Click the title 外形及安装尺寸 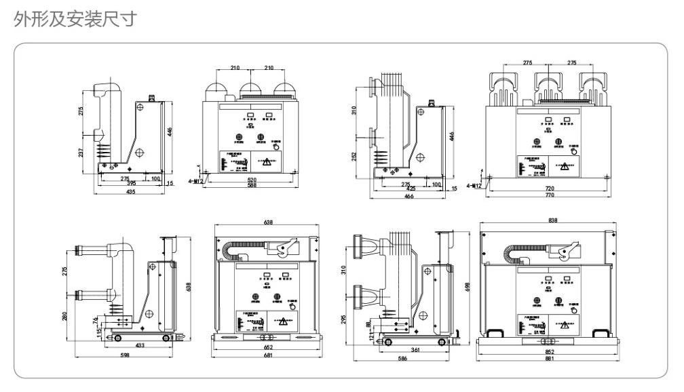tap(75, 19)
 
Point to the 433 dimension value tap(140, 345)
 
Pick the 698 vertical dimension tap(468, 288)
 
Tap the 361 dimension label tap(414, 349)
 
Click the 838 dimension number tap(552, 221)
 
